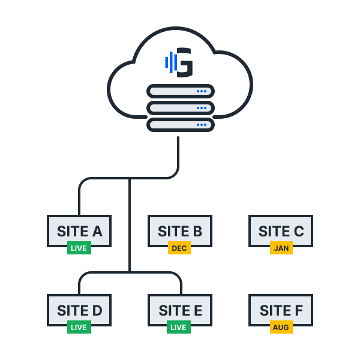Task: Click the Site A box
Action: pyautogui.click(x=79, y=230)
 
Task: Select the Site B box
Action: pyautogui.click(x=180, y=230)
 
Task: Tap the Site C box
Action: pyautogui.click(x=281, y=230)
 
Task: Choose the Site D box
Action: pyautogui.click(x=79, y=310)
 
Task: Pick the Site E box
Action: pyautogui.click(x=180, y=310)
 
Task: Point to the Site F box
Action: pyautogui.click(x=281, y=310)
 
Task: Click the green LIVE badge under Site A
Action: pyautogui.click(x=79, y=248)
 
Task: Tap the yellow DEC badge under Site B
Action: pyautogui.click(x=179, y=248)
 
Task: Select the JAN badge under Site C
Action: pyautogui.click(x=281, y=248)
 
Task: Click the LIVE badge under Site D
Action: pyautogui.click(x=79, y=327)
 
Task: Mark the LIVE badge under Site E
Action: pyautogui.click(x=178, y=327)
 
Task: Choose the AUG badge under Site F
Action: pyautogui.click(x=281, y=327)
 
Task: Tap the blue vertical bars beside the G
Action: pyautogui.click(x=170, y=62)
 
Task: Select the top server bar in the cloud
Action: pyautogui.click(x=180, y=92)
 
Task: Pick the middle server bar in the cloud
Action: pyautogui.click(x=180, y=108)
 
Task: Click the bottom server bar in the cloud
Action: pyautogui.click(x=180, y=125)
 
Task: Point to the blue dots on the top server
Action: pyautogui.click(x=202, y=92)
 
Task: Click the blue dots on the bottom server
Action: pyautogui.click(x=202, y=125)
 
